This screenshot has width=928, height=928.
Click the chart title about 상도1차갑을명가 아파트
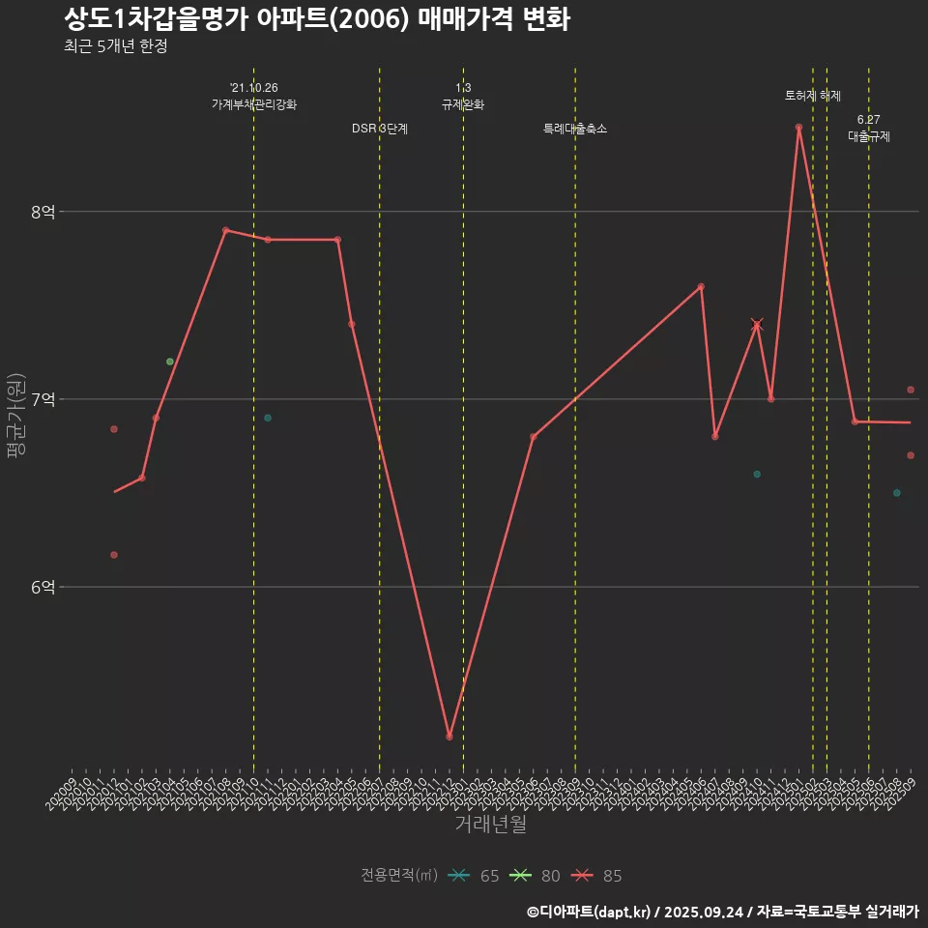click(317, 19)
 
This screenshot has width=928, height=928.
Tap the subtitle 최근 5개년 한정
click(116, 46)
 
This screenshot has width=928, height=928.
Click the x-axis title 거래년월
click(491, 825)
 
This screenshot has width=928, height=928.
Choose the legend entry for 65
click(475, 876)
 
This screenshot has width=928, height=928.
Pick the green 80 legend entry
click(536, 876)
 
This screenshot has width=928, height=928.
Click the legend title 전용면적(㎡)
click(399, 875)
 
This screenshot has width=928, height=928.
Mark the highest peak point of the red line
click(798, 128)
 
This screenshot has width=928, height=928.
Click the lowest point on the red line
click(449, 737)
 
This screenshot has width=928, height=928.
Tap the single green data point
click(170, 362)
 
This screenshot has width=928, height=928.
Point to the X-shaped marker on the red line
click(757, 325)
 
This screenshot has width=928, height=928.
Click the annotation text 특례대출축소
click(575, 129)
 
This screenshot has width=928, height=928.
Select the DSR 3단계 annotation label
click(380, 129)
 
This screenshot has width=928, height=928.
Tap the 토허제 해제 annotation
click(813, 96)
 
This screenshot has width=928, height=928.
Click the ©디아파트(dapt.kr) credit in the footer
click(589, 911)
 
